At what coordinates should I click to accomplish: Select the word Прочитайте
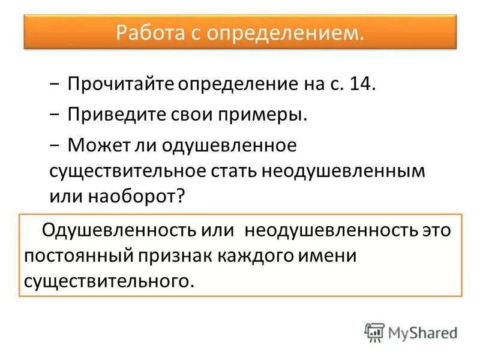120,83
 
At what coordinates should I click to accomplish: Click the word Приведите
113,114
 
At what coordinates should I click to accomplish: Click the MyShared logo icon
374,332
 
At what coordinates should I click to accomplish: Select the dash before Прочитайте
55,84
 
